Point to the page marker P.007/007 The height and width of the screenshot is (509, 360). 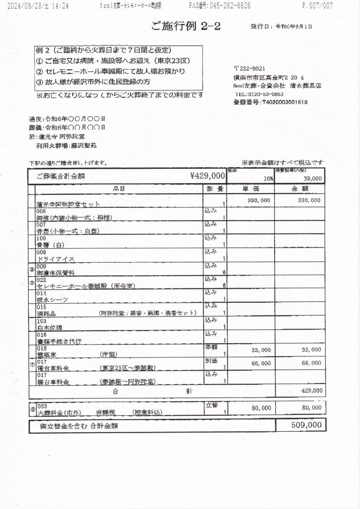pyautogui.click(x=317, y=6)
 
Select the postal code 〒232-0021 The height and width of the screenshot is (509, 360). pyautogui.click(x=249, y=68)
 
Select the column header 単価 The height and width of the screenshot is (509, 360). pyautogui.click(x=248, y=189)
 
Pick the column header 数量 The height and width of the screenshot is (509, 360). pyautogui.click(x=215, y=189)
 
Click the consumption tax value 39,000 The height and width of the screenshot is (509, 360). pyautogui.click(x=312, y=179)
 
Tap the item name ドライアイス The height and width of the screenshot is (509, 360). pyautogui.click(x=56, y=259)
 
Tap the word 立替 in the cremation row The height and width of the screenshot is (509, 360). pyautogui.click(x=211, y=404)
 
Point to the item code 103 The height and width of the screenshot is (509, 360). pyautogui.click(x=41, y=321)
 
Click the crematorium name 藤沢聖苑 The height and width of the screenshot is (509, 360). pyautogui.click(x=84, y=145)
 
